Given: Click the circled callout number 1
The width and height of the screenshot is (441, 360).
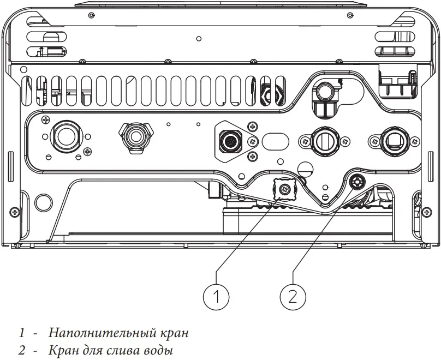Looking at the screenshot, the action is pyautogui.click(x=216, y=297).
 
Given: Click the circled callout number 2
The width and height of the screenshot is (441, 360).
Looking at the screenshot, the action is pyautogui.click(x=293, y=297).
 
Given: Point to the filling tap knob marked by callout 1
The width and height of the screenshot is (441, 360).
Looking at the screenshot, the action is pyautogui.click(x=284, y=189).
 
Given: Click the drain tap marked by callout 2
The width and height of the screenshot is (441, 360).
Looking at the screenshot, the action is pyautogui.click(x=357, y=182).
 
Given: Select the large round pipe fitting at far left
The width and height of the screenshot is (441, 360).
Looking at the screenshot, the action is pyautogui.click(x=67, y=137).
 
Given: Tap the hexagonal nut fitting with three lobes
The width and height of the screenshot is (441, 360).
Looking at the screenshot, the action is pyautogui.click(x=136, y=137).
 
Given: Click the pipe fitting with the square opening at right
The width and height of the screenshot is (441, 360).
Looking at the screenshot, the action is pyautogui.click(x=395, y=141).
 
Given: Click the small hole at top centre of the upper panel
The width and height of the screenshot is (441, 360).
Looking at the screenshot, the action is pyautogui.click(x=199, y=39).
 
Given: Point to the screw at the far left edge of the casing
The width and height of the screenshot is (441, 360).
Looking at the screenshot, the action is pyautogui.click(x=14, y=211).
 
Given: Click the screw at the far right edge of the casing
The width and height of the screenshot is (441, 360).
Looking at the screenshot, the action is pyautogui.click(x=427, y=211).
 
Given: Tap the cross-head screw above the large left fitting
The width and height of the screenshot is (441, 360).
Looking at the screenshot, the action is pyautogui.click(x=45, y=119).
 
